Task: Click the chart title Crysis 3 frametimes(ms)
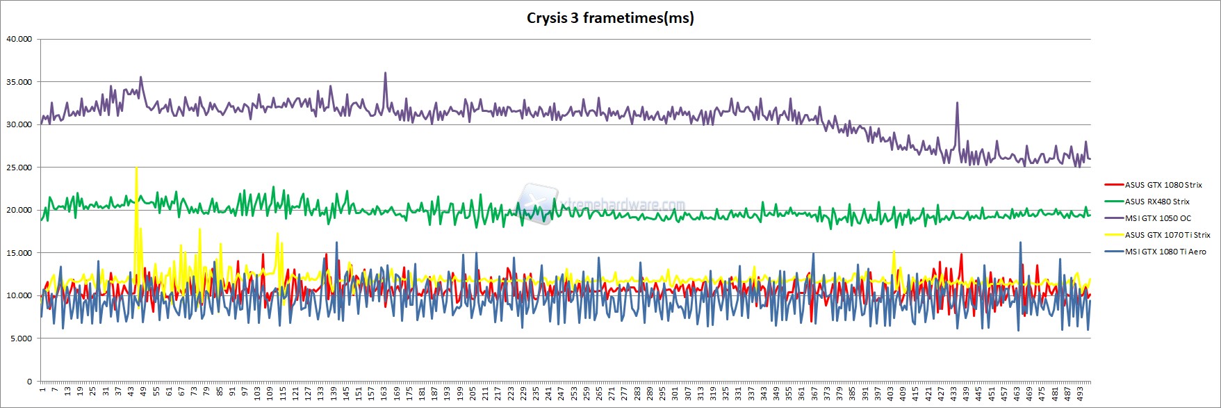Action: tap(609, 18)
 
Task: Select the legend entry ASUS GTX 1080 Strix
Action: tap(1163, 185)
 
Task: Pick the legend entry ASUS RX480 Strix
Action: tap(1157, 202)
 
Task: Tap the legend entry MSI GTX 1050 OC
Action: tap(1158, 218)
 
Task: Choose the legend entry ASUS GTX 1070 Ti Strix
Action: tap(1167, 235)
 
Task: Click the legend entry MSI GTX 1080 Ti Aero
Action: tap(1165, 252)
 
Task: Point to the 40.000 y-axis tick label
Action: tap(19, 39)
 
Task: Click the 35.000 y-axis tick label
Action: tap(19, 82)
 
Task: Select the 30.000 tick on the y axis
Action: tap(19, 124)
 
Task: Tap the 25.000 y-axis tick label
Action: tap(19, 168)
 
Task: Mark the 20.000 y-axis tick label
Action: tap(19, 210)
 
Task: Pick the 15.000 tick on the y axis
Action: tap(19, 253)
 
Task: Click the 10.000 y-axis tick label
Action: tap(19, 295)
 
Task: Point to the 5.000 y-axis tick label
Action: tap(20, 338)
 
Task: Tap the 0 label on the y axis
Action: tap(29, 382)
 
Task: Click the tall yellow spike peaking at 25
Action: tap(136, 169)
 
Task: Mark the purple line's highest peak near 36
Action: tap(385, 74)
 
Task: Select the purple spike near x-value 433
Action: tap(957, 104)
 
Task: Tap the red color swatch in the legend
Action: tap(1114, 185)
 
